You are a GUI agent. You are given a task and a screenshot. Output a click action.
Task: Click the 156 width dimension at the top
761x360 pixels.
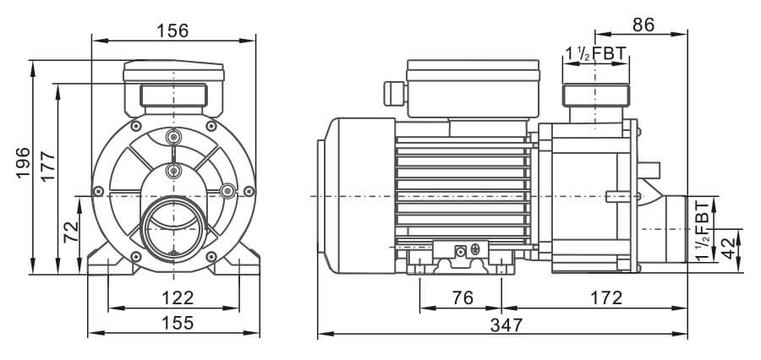[173, 30]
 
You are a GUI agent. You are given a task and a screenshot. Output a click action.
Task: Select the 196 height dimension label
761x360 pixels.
[23, 163]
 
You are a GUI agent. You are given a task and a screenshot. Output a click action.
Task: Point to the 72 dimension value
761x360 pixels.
[72, 226]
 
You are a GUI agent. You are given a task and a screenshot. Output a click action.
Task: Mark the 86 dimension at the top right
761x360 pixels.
[643, 25]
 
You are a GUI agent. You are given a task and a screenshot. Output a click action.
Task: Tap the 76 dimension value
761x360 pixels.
[461, 297]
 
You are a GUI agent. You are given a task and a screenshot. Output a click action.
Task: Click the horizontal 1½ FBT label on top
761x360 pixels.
[595, 54]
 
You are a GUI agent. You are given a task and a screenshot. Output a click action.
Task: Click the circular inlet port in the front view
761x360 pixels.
[173, 226]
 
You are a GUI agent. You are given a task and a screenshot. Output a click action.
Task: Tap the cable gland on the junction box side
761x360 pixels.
[392, 92]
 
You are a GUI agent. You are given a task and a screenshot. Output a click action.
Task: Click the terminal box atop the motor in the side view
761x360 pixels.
[471, 88]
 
